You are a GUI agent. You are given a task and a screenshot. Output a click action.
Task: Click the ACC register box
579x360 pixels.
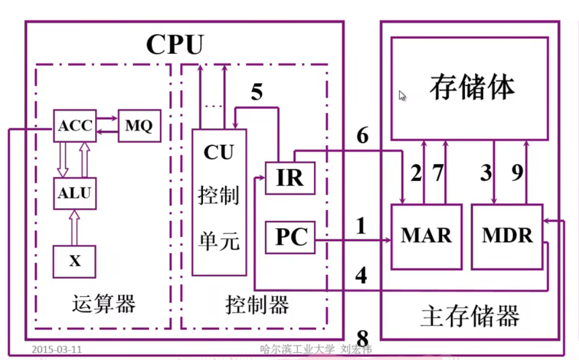tap(75, 126)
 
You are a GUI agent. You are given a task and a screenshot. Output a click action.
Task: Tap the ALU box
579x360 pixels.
tap(75, 193)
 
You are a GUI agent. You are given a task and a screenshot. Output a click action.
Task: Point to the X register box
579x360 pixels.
tap(75, 261)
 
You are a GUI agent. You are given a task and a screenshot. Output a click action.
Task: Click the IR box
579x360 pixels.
tap(289, 178)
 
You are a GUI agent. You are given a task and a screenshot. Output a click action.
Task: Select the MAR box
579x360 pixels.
tap(426, 236)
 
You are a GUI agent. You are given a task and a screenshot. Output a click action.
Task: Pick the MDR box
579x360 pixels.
tap(507, 236)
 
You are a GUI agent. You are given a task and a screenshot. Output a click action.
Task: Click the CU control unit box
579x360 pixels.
tap(219, 202)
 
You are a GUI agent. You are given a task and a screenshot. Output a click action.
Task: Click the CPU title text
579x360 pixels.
tap(174, 45)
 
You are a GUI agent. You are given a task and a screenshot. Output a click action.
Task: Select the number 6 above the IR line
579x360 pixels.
tap(363, 135)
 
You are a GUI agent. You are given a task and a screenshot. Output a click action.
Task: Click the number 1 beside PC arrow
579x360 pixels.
tap(361, 226)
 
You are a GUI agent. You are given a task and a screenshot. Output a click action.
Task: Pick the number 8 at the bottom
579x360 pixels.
tap(363, 339)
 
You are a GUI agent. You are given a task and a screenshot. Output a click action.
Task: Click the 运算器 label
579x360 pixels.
tap(104, 305)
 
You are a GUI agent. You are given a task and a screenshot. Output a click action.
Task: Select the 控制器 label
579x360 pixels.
tap(257, 305)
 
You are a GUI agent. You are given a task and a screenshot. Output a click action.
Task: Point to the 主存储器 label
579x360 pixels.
tap(470, 316)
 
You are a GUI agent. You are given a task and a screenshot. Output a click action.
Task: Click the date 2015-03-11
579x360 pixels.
tap(57, 349)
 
